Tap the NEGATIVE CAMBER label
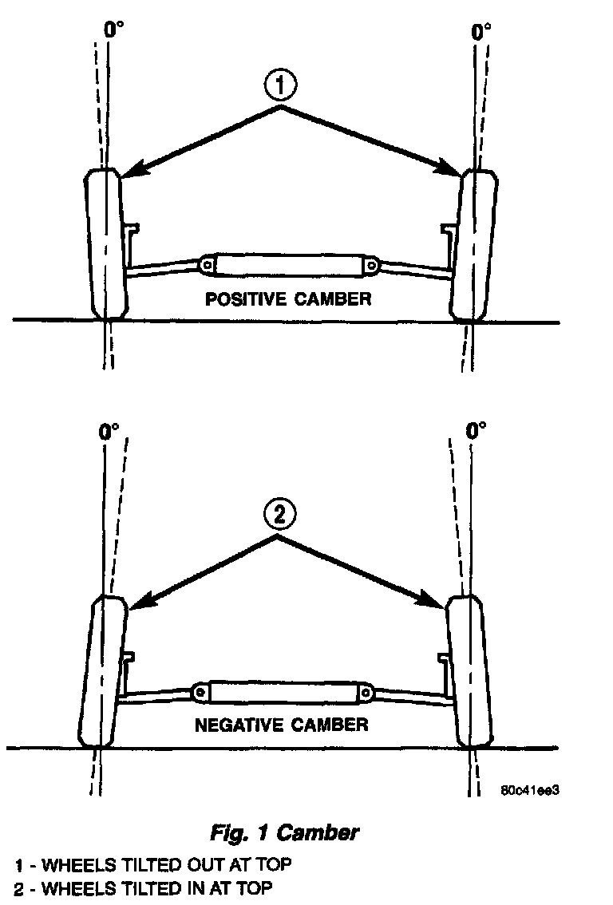tap(281, 725)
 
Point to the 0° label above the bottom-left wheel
tap(109, 432)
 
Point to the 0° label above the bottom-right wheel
tap(476, 432)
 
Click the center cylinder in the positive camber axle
tap(289, 263)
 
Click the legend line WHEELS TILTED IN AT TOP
tap(144, 888)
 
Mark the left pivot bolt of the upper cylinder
tap(207, 263)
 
